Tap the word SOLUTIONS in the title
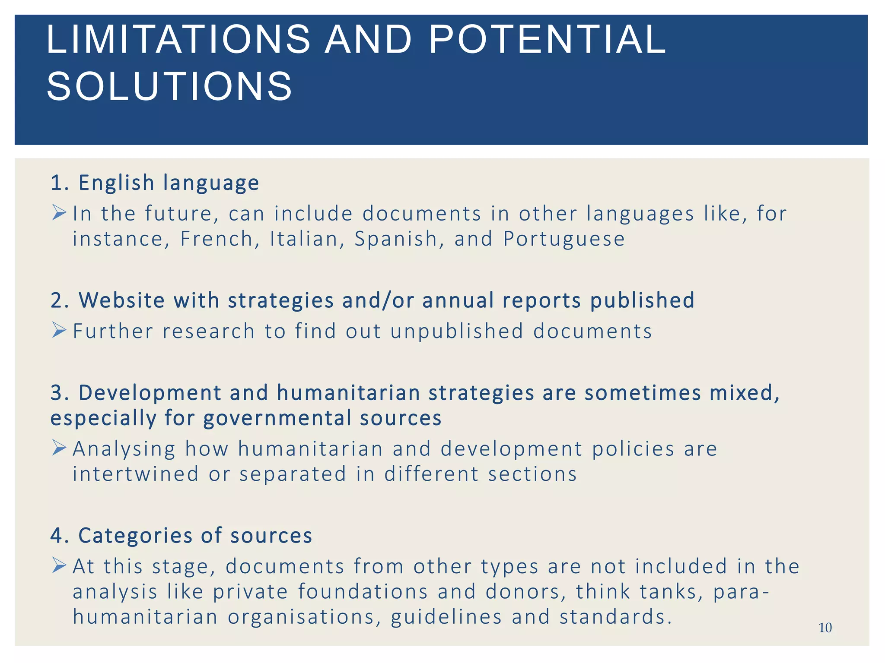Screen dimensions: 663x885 coord(169,86)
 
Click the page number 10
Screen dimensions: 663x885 coord(825,628)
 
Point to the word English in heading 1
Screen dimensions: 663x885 coord(116,183)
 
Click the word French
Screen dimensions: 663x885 coord(216,239)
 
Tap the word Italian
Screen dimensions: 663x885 coord(304,239)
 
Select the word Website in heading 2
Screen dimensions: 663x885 coord(121,300)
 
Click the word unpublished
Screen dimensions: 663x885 coord(457,331)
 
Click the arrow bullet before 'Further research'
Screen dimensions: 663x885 coord(59,331)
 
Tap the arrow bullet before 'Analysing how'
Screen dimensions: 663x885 coord(59,448)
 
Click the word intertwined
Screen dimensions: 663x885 coord(136,474)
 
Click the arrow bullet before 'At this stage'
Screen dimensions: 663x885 coord(59,565)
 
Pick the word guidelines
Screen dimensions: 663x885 coord(446,617)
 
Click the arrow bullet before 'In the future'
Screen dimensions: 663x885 coord(59,213)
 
